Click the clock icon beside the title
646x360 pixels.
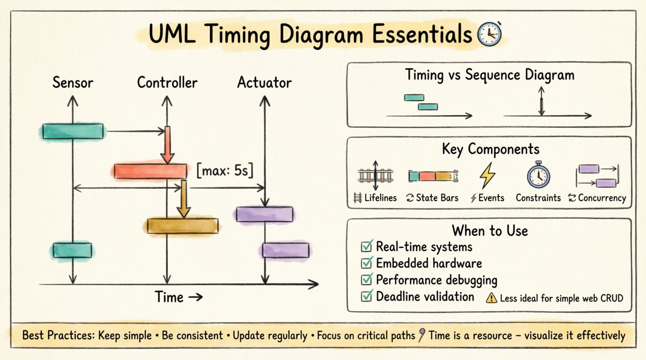coord(489,34)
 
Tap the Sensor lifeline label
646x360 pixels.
coord(73,83)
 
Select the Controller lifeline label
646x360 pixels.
coord(167,83)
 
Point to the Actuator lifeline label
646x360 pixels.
coord(264,83)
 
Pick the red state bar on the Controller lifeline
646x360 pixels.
coord(150,171)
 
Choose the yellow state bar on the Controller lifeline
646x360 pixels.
coord(182,226)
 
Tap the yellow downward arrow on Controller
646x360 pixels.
coord(184,199)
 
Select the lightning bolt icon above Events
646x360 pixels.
coord(487,176)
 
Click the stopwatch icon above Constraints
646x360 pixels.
coord(538,176)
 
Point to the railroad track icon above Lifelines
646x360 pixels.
coord(375,176)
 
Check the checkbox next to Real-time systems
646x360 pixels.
coord(366,246)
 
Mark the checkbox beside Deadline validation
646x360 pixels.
coord(366,296)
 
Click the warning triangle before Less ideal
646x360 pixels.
coord(491,298)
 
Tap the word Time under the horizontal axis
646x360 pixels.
coord(169,297)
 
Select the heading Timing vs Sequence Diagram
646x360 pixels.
coord(490,75)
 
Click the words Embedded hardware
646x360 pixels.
coord(429,263)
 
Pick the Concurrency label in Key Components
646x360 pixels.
coord(602,198)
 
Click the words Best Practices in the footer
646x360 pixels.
coord(58,335)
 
